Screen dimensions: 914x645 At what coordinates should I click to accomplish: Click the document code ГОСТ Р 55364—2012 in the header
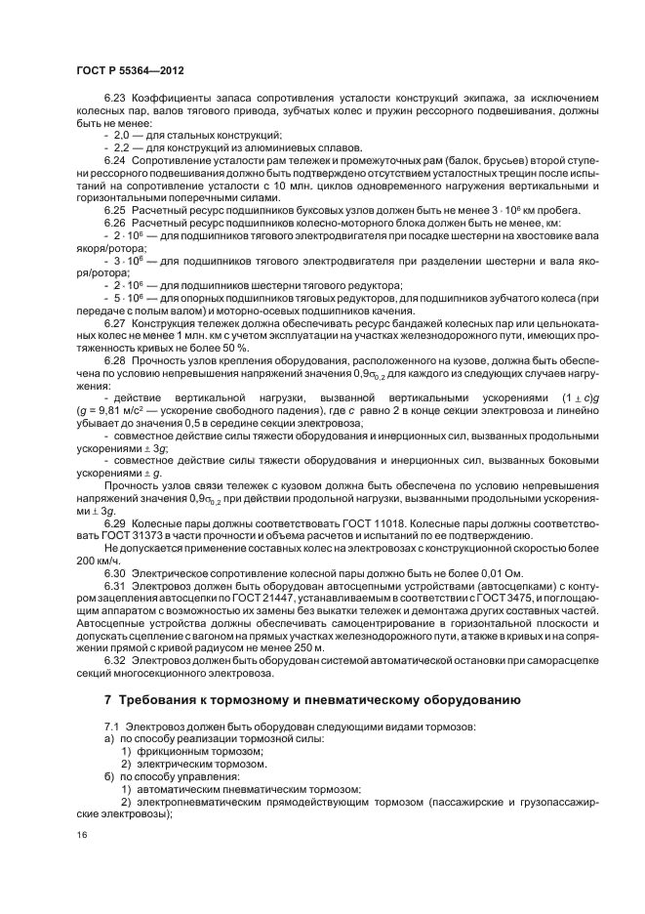(130, 71)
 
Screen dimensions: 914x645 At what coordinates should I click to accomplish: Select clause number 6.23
(115, 99)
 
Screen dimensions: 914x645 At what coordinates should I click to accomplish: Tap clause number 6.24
(115, 158)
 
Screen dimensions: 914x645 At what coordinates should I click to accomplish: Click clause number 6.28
(115, 361)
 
